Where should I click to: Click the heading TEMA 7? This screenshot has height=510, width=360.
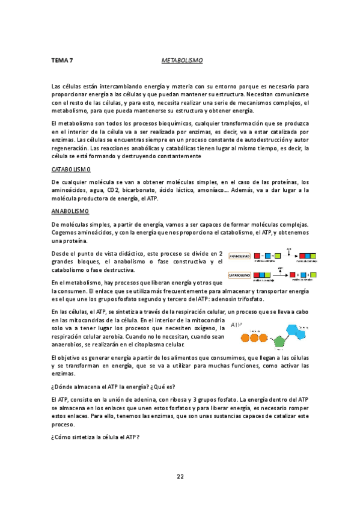(63, 61)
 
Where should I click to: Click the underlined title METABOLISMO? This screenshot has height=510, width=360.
(182, 61)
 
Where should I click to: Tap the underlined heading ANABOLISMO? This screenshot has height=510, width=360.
(70, 211)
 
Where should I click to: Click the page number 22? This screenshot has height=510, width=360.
(180, 476)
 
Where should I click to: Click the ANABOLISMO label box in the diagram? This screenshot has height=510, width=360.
(239, 256)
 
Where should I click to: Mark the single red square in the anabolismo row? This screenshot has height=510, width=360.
(257, 257)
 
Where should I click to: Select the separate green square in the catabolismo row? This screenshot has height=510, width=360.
(313, 275)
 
